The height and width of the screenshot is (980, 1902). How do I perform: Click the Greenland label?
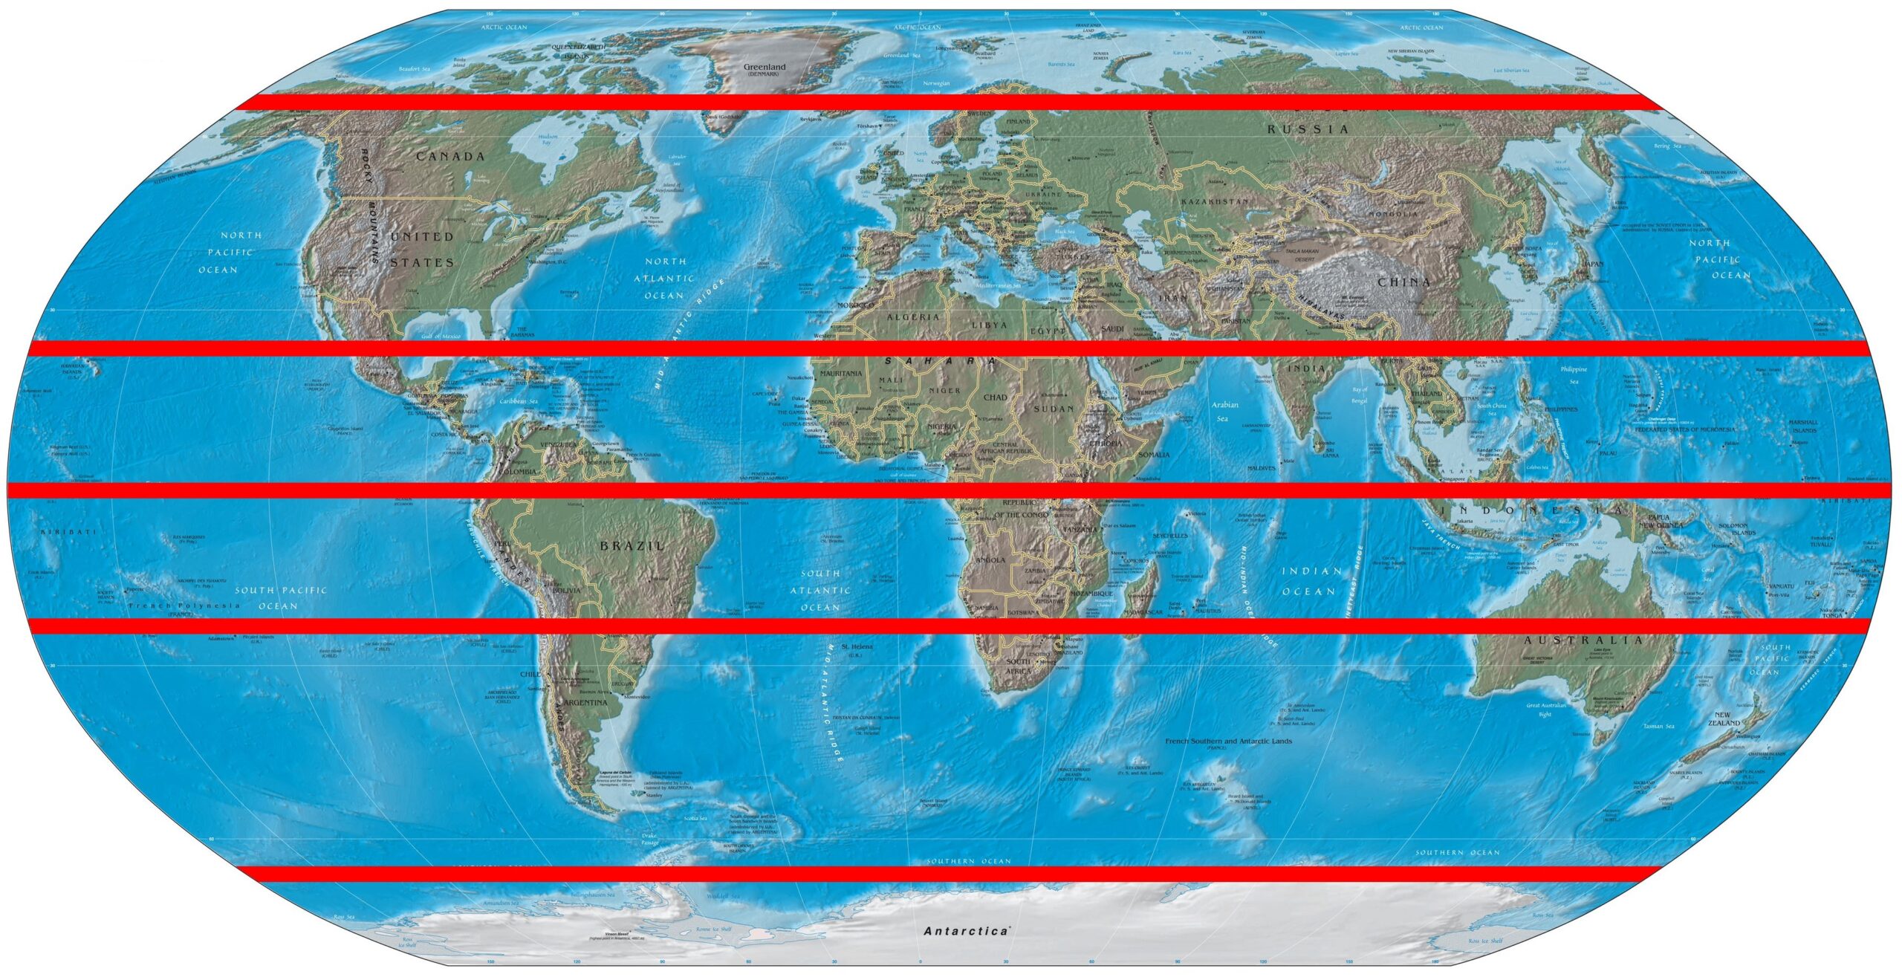tap(764, 67)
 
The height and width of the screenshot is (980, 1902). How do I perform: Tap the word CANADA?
tap(450, 157)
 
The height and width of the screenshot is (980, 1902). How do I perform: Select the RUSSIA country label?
tap(1308, 129)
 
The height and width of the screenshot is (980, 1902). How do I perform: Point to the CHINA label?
tap(1403, 282)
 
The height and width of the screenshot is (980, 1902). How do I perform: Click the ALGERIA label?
tap(913, 317)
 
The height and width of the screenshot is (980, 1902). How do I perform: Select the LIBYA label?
tap(989, 325)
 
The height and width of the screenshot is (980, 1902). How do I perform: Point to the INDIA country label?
tap(1306, 369)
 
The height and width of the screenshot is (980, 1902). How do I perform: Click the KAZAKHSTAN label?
tap(1215, 201)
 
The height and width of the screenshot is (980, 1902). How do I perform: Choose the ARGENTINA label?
tap(586, 702)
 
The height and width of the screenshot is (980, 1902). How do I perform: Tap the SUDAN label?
tap(1054, 409)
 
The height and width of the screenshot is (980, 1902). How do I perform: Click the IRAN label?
tap(1173, 297)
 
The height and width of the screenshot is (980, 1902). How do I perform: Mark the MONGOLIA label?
tap(1398, 214)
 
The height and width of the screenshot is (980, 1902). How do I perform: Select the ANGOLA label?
tap(990, 560)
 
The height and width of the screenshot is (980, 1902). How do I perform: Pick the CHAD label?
tap(995, 397)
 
